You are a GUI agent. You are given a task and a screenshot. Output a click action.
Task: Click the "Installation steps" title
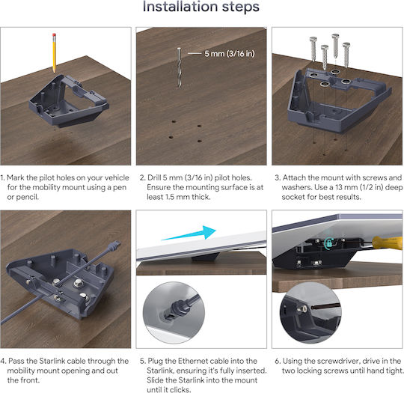point(201,7)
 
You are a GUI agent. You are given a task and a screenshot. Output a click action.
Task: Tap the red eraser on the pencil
point(54,35)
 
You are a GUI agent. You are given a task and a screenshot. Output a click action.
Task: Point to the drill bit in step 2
point(179,67)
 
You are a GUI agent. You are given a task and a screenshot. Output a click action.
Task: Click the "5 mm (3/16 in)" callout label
point(230,54)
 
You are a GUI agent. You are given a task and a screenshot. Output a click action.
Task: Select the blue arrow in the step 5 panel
point(189,234)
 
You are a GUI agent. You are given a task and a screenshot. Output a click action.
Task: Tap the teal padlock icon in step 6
point(328,243)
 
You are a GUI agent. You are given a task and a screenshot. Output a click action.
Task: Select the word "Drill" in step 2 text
point(154,177)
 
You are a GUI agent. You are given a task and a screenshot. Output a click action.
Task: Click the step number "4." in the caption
point(3,361)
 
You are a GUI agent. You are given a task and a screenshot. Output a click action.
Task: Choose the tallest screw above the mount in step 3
point(335,46)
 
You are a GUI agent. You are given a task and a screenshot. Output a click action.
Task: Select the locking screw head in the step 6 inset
point(302,308)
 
